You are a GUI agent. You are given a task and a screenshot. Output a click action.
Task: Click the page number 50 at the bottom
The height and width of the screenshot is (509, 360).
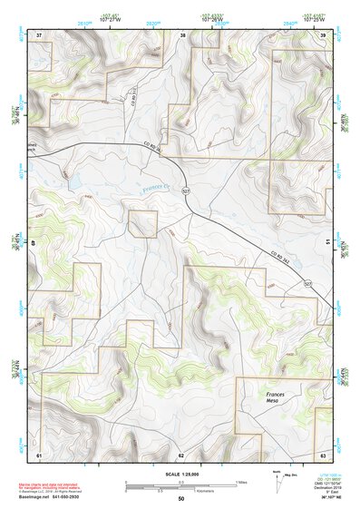tap(180, 498)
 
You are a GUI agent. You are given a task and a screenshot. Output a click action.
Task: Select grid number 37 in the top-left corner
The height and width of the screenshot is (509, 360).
tap(39, 34)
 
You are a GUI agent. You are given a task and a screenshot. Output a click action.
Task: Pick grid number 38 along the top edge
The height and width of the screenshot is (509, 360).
tap(184, 34)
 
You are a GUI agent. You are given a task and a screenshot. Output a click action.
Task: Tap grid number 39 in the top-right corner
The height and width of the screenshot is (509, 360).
tap(325, 34)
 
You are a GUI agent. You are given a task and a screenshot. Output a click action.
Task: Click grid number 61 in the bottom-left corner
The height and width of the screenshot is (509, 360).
tap(39, 453)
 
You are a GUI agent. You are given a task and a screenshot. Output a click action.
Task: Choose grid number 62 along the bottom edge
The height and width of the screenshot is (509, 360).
tap(180, 453)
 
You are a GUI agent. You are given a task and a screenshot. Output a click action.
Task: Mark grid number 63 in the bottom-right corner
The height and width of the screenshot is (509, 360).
tap(324, 453)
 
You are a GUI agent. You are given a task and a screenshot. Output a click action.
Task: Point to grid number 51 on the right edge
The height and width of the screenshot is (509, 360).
tap(326, 242)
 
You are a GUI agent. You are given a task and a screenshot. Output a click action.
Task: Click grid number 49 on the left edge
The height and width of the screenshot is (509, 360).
tap(38, 242)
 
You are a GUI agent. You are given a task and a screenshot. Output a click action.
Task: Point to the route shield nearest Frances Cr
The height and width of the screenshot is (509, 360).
tap(185, 191)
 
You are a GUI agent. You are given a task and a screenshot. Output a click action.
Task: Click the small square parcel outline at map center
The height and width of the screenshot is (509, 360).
tap(142, 223)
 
